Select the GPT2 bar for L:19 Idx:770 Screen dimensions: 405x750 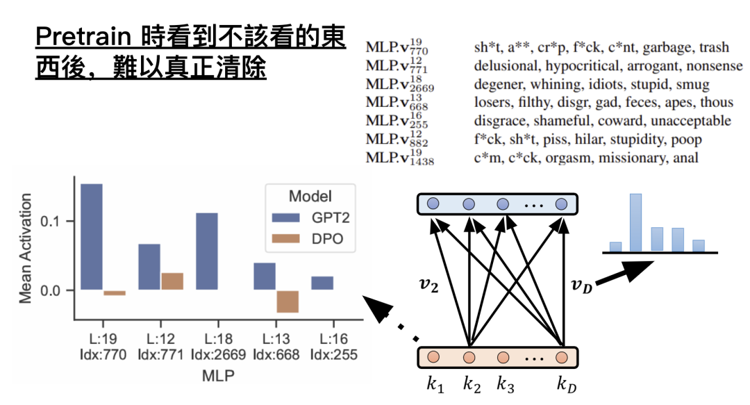tap(92, 236)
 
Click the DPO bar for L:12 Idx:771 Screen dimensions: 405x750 tap(172, 281)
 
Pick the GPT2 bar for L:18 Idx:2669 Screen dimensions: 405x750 tap(206, 251)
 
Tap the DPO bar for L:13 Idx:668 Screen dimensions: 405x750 tap(287, 301)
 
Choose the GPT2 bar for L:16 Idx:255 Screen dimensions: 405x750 tap(322, 283)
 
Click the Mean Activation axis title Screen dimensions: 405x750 tap(25, 249)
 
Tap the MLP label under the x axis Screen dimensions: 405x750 tap(218, 375)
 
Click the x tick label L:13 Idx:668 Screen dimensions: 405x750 tap(276, 347)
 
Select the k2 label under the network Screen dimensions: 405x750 tap(472, 385)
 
